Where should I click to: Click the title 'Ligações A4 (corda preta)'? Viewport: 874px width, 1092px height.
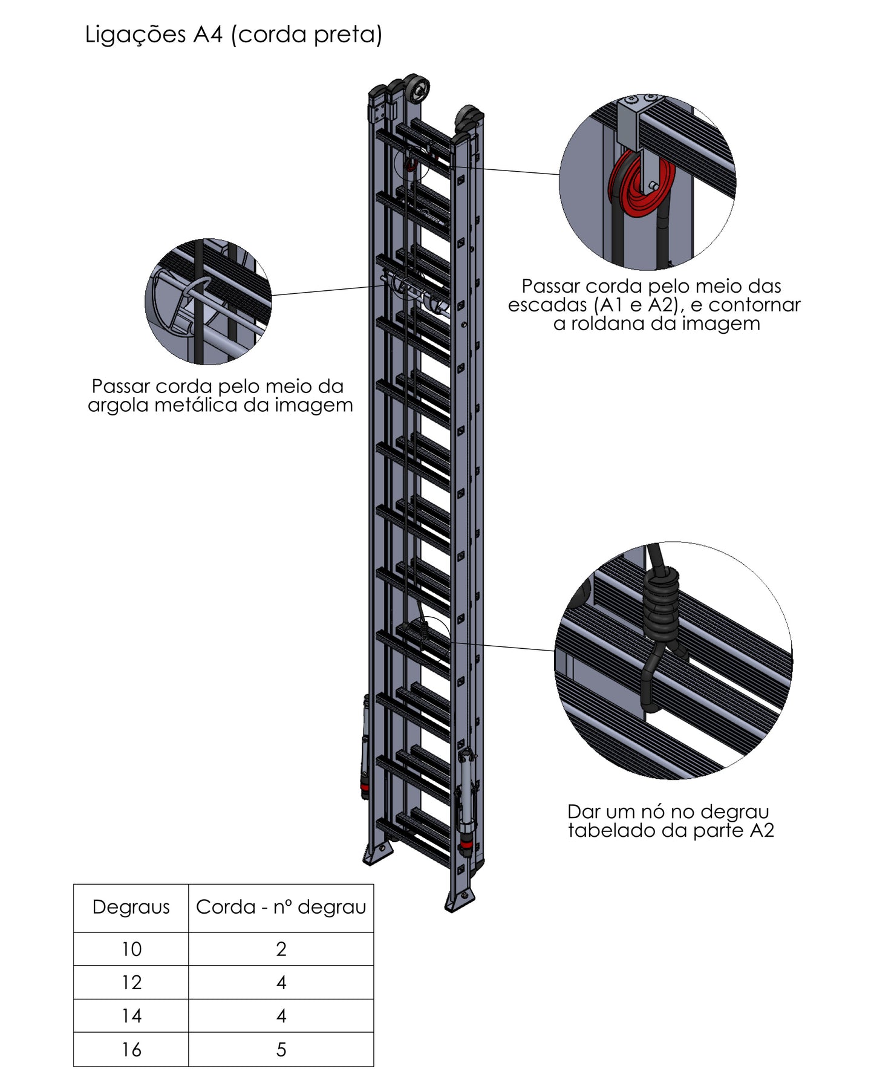click(233, 34)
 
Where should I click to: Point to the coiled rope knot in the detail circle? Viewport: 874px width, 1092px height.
click(660, 605)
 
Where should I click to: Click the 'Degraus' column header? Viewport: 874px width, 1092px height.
click(131, 907)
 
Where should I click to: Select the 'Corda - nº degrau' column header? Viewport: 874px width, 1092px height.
click(281, 907)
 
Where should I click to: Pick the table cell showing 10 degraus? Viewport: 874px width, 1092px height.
click(131, 949)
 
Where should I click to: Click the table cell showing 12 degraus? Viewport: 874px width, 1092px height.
click(131, 982)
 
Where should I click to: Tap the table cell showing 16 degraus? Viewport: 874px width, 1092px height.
click(131, 1049)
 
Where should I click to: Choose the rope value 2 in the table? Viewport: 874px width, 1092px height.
click(281, 949)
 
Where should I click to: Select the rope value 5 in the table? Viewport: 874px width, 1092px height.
click(281, 1049)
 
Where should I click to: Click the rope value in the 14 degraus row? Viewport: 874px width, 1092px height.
click(281, 1016)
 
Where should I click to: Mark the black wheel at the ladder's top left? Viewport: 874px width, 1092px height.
click(416, 89)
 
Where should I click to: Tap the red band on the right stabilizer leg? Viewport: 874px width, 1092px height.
click(466, 843)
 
